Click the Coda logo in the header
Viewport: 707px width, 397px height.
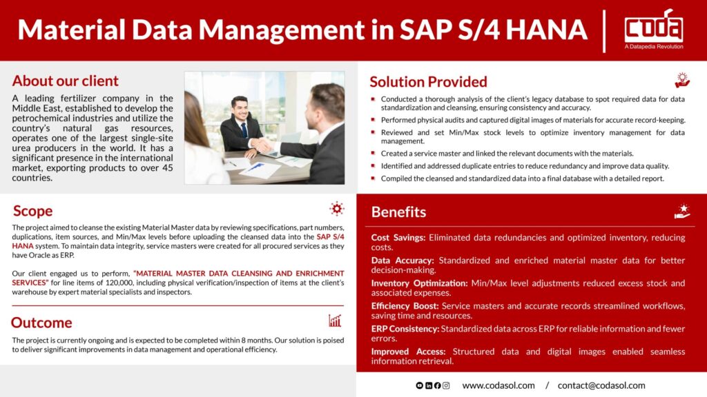tap(653, 29)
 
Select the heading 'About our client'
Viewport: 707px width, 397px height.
tap(66, 81)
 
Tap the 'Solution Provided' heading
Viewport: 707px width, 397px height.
tap(428, 82)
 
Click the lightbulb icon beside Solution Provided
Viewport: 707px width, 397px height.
tap(682, 80)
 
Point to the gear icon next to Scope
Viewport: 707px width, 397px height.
tap(336, 209)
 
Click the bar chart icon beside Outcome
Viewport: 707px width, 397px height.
tap(335, 320)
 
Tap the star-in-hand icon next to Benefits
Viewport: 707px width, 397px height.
tap(682, 211)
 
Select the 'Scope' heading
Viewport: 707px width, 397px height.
tap(32, 211)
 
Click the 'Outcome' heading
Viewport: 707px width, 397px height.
tap(41, 323)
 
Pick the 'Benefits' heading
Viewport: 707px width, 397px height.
tap(398, 212)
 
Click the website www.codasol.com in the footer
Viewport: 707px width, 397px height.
tap(498, 386)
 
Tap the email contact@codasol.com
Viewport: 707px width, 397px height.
tap(601, 386)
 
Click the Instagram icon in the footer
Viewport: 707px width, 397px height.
tap(446, 386)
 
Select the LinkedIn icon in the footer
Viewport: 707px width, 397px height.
tap(428, 386)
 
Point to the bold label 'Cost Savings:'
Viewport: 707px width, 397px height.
tap(398, 238)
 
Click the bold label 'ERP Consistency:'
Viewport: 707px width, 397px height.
tap(405, 329)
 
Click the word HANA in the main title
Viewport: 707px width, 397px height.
tap(547, 30)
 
